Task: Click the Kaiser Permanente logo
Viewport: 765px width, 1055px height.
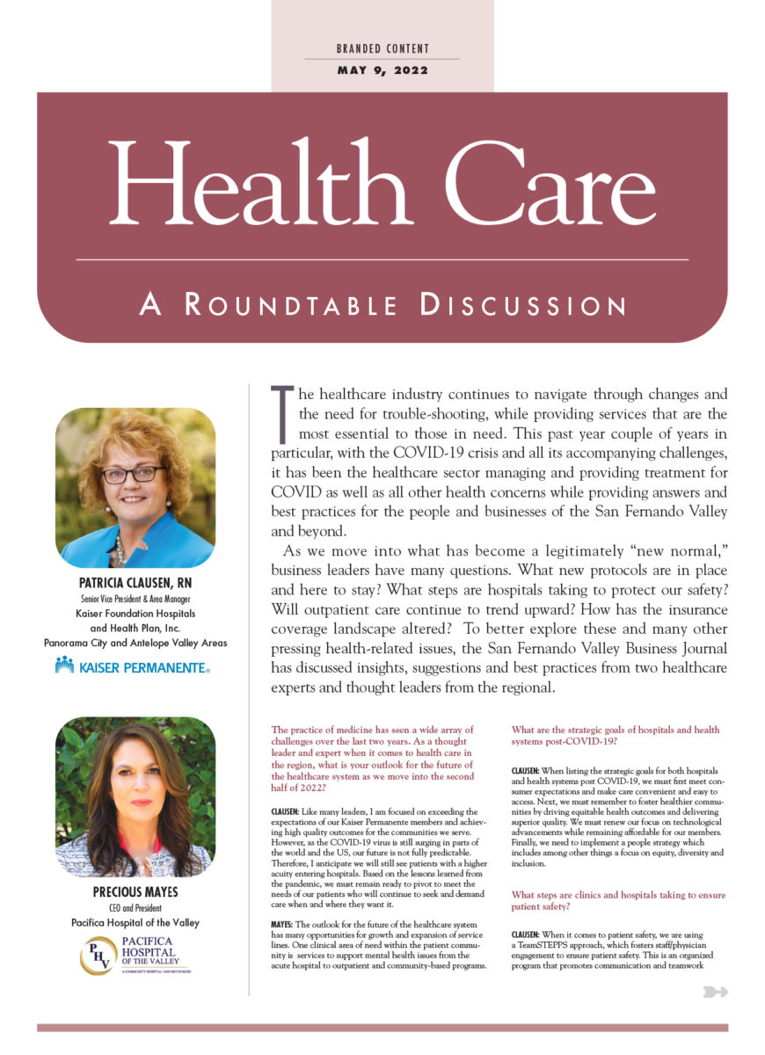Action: pos(133,666)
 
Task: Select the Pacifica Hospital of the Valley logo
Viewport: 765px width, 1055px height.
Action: pos(135,955)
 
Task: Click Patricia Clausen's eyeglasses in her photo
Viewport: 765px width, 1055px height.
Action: pos(132,474)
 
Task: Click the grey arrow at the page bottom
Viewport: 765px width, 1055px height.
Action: pos(716,993)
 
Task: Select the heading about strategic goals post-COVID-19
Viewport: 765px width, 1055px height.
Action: pos(616,736)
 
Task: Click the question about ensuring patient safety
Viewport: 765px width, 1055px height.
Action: pos(618,900)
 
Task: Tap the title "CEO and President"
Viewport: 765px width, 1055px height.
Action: pos(135,908)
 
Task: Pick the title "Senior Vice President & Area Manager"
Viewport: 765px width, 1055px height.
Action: pos(135,600)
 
